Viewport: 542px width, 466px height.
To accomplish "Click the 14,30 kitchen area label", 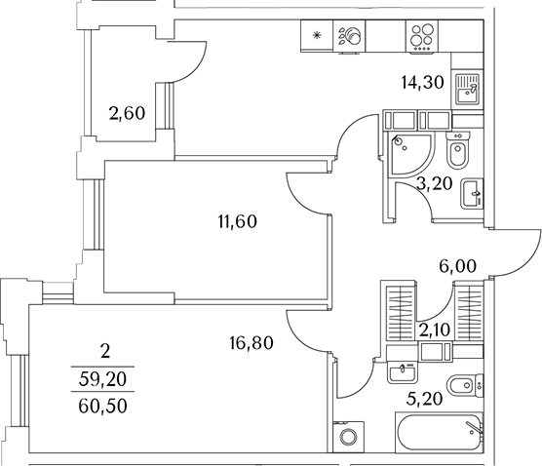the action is (422, 83).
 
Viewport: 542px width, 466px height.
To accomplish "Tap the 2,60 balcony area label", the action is (127, 113).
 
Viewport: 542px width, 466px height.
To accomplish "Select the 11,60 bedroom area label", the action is (238, 221).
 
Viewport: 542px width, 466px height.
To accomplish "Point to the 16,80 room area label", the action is (252, 343).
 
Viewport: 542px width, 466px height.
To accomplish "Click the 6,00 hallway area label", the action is (457, 266).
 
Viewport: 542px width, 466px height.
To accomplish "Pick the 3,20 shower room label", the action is (435, 184).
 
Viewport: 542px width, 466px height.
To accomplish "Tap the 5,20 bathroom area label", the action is (424, 400).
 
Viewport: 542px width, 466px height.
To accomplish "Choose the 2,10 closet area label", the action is (435, 330).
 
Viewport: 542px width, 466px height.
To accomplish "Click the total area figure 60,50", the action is (102, 407).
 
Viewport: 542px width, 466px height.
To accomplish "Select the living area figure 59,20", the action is (102, 379).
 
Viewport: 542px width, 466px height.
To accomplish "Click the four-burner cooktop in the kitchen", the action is (422, 36).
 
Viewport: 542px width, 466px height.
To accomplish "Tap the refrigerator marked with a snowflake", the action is (317, 36).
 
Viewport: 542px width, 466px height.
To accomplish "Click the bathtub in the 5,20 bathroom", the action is (439, 432).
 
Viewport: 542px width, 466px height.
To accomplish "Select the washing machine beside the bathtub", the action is (348, 437).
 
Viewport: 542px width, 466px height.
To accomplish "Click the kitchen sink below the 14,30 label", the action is (467, 89).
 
